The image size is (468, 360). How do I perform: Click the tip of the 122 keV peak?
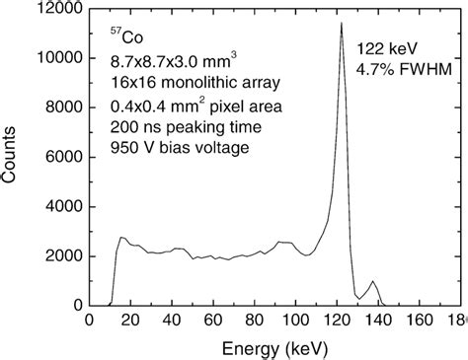341,23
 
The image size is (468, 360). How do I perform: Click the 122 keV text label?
385,47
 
